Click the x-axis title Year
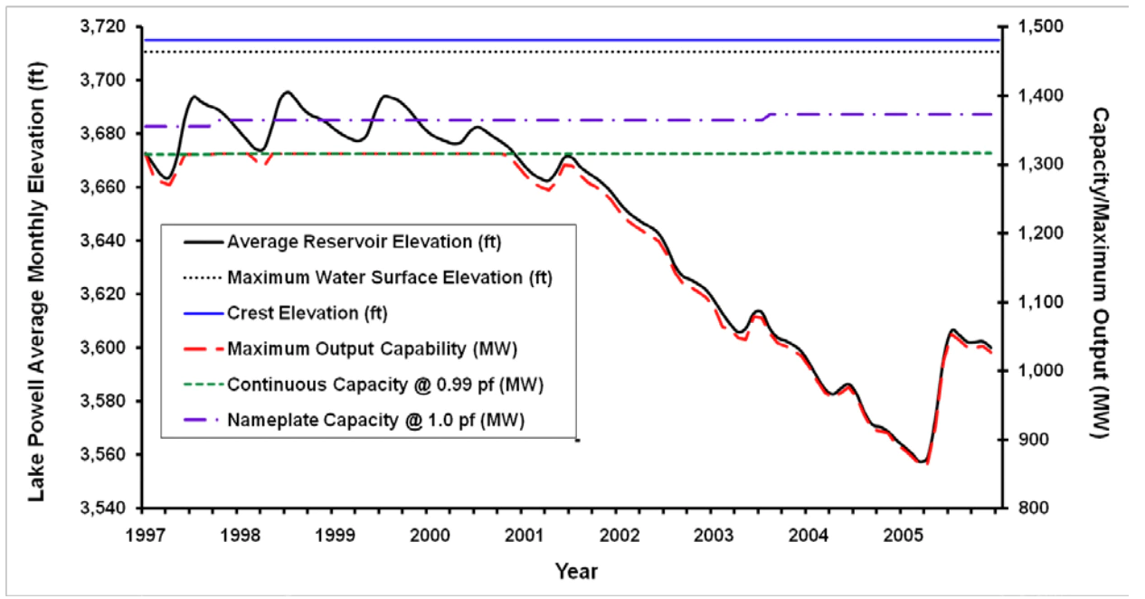(x=576, y=571)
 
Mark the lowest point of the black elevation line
(x=922, y=461)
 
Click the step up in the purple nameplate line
(x=768, y=117)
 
